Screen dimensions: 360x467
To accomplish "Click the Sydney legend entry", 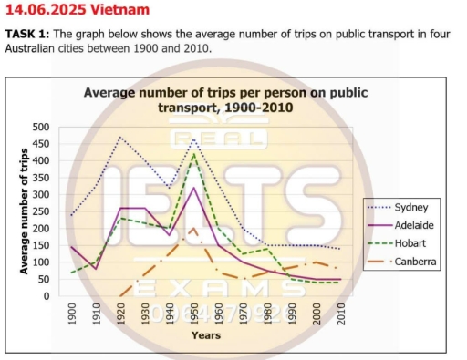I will (416, 207).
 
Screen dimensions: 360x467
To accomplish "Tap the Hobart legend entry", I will (416, 243).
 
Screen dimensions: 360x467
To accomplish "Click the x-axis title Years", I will (205, 335).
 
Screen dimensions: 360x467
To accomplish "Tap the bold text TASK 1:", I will (28, 34).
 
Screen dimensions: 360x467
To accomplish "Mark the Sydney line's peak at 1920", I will (120, 137).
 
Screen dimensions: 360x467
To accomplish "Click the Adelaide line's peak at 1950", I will (193, 188).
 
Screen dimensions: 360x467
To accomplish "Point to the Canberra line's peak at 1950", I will (193, 228).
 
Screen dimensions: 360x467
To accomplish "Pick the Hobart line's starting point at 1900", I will (72, 273).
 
